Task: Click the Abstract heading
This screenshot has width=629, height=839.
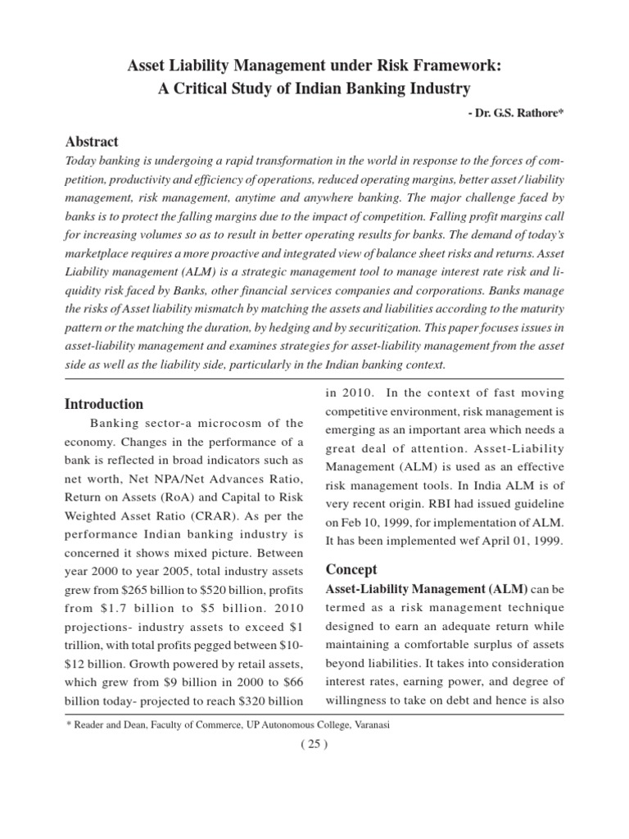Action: click(91, 142)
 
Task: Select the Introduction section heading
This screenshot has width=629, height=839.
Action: click(104, 404)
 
